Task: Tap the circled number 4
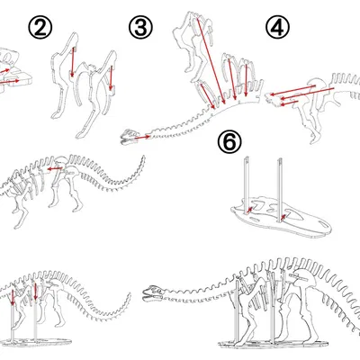278,28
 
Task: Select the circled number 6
229,143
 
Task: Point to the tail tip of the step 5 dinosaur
142,159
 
